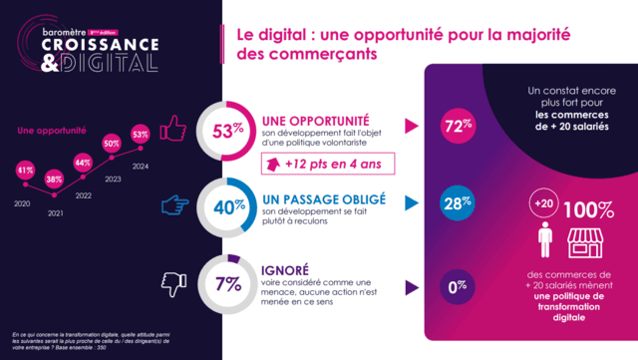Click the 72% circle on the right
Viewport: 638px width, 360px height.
pyautogui.click(x=456, y=127)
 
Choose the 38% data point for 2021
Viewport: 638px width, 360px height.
pyautogui.click(x=54, y=180)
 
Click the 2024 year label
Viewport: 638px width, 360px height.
pyautogui.click(x=141, y=167)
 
